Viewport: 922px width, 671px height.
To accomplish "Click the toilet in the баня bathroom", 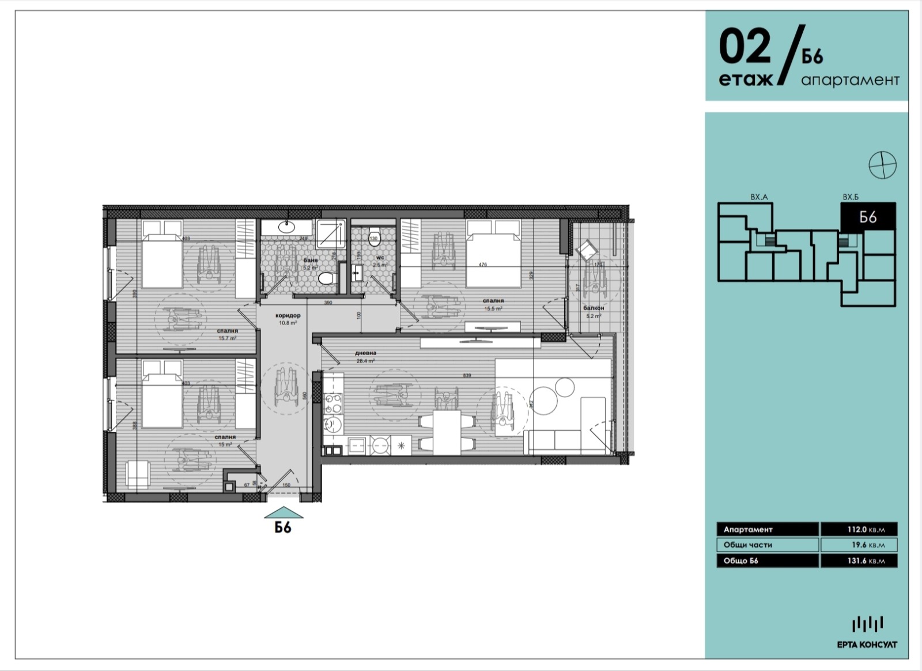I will [327, 279].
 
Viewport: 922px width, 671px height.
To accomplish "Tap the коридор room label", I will [288, 315].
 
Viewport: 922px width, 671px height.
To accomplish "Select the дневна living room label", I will [366, 353].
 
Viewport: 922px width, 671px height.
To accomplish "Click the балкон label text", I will [594, 308].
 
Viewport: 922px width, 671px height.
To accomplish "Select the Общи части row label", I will [748, 545].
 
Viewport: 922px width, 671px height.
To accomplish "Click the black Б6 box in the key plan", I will [868, 217].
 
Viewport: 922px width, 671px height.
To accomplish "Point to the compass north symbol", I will [882, 165].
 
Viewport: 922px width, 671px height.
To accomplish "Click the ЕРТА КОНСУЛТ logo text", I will [867, 644].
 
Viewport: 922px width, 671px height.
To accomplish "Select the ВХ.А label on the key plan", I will [759, 197].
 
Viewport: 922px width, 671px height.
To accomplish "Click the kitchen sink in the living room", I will [332, 425].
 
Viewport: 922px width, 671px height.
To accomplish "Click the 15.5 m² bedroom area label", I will [494, 308].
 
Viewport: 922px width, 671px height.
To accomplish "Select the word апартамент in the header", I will [850, 80].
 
